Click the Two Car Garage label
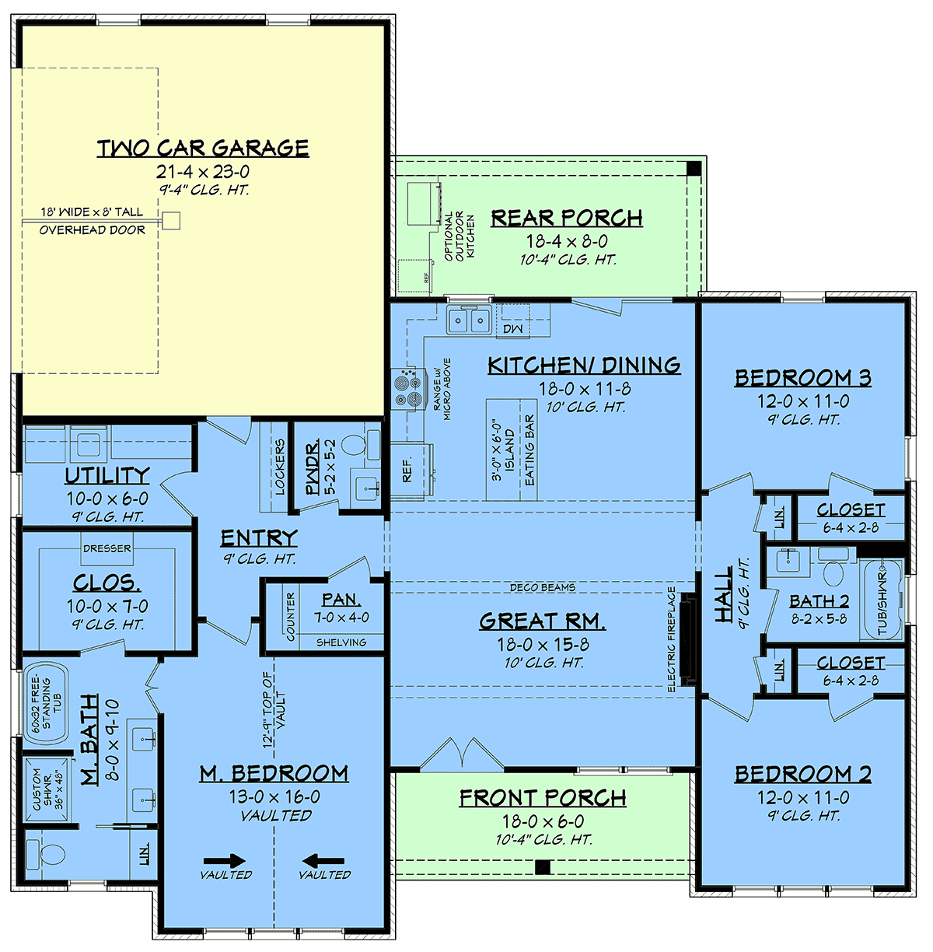coord(203,148)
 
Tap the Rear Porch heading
coord(567,218)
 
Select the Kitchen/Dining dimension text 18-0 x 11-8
coord(585,389)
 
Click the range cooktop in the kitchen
coord(408,388)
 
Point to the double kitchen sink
coord(469,320)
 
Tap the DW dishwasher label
coord(512,328)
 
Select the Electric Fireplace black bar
coord(687,639)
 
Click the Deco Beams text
coord(543,587)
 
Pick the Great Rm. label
coord(543,621)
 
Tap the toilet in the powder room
coord(352,445)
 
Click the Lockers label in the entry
coord(280,467)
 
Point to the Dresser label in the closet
coord(107,548)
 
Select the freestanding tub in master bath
coord(47,704)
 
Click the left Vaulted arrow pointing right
coord(224,860)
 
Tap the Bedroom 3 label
coord(803,378)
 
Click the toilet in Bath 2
coord(833,572)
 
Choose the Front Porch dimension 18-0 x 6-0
coord(543,821)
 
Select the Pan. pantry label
coord(341,599)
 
